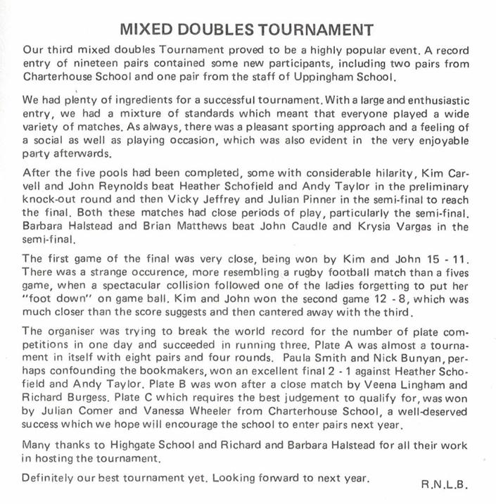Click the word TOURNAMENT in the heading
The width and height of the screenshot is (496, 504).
pyautogui.click(x=308, y=30)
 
